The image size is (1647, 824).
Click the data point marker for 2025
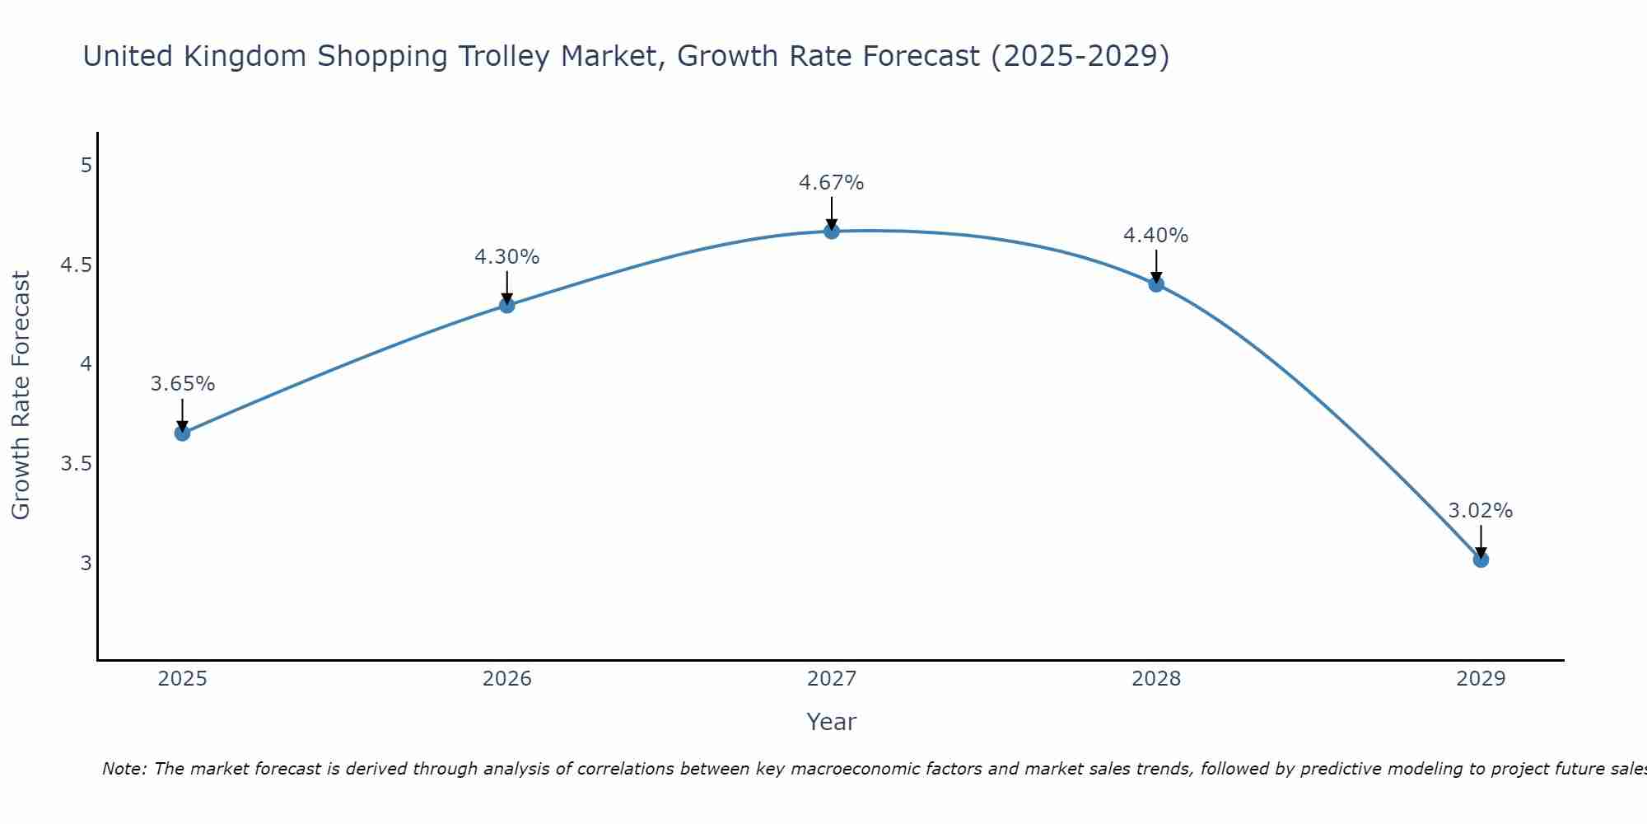click(182, 433)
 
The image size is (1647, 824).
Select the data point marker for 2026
click(507, 305)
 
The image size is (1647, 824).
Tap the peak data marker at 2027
click(832, 232)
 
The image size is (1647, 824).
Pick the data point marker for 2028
click(1156, 284)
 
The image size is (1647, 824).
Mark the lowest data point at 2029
click(1481, 559)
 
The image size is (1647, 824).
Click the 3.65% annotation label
click(183, 384)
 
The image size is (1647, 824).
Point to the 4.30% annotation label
click(507, 257)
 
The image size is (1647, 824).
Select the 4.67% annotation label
click(832, 183)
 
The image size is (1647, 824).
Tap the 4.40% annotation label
click(1156, 236)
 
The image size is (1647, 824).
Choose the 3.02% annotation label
click(1481, 511)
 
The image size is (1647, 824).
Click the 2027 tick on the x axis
click(832, 679)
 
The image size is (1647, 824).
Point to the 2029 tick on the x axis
click(1481, 679)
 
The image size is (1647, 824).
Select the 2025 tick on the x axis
click(182, 679)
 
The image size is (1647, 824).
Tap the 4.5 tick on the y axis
click(76, 265)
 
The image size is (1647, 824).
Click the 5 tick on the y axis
click(86, 166)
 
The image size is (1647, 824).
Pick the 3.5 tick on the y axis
click(76, 464)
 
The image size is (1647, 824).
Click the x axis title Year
click(832, 722)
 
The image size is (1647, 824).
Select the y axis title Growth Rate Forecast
click(21, 396)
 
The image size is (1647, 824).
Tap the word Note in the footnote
click(123, 769)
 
